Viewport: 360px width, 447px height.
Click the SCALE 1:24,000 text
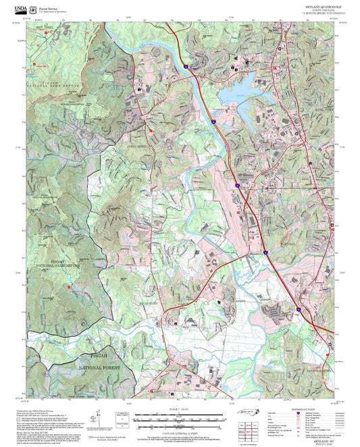tap(179, 410)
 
